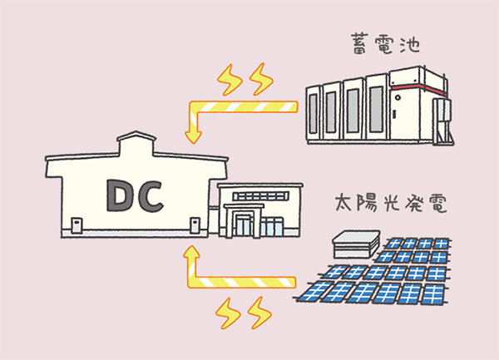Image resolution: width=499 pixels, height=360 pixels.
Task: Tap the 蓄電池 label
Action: (385, 44)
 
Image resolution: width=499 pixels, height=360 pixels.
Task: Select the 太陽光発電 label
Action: (391, 203)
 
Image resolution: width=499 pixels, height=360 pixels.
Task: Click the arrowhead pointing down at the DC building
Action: (193, 136)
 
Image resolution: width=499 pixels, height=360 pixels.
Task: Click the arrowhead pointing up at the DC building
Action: (191, 254)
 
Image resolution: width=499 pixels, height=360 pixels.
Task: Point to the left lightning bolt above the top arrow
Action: (230, 80)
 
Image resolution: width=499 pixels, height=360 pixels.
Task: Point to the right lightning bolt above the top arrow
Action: (261, 79)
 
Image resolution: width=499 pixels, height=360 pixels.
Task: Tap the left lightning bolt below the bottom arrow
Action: (228, 313)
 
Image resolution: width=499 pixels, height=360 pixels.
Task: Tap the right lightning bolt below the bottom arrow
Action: (259, 313)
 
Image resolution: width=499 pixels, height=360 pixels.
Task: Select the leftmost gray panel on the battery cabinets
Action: (314, 114)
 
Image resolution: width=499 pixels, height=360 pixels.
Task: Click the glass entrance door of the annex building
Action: (244, 227)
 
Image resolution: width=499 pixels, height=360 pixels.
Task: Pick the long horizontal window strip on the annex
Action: (260, 196)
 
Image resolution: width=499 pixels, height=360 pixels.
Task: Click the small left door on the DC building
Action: (77, 225)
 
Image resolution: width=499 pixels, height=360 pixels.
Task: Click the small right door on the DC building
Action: (195, 225)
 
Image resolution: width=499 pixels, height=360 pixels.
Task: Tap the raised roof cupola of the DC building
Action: (136, 143)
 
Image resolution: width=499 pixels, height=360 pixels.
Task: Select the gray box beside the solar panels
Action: (356, 244)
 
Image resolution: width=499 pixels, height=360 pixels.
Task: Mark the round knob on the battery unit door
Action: (398, 97)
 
